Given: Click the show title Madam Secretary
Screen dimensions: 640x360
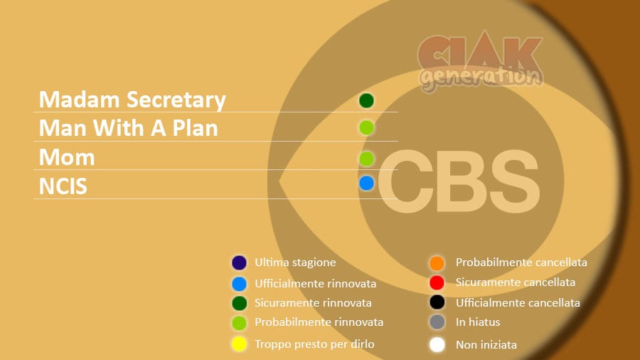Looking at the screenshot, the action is pos(132,100).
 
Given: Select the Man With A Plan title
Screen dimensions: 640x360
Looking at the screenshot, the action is pos(128,128).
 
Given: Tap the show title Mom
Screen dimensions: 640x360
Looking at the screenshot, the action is pos(67,157).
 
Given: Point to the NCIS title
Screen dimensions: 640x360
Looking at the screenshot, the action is pos(63,186).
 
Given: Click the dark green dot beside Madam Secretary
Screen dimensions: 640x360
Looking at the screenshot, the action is pos(366,100).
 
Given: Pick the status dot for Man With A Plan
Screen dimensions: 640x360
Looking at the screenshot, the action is pos(366,128).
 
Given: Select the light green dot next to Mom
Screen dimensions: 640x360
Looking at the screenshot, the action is pos(366,159).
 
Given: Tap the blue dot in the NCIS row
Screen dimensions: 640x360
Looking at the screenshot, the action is pos(366,184).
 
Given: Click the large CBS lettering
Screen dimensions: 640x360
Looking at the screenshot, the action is pos(459,181).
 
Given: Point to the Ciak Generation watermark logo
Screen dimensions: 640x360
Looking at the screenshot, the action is pos(481,61).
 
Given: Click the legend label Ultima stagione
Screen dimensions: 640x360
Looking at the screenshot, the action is pos(295,263).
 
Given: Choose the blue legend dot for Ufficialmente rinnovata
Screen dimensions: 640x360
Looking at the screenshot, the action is pos(239,284).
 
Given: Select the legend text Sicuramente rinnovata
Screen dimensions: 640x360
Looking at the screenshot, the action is pos(313,303).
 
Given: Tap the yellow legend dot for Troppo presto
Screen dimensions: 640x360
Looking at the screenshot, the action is pos(239,344).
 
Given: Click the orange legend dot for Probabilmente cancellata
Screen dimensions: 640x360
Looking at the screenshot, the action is pos(437,263).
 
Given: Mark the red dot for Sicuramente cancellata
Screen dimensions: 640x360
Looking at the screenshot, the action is pos(437,282).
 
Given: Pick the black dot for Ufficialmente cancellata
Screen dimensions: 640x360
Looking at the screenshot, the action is pos(437,302).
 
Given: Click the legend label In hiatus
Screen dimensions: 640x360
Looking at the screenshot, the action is pos(478,322).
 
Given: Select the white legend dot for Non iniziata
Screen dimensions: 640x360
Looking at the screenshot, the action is pos(437,344).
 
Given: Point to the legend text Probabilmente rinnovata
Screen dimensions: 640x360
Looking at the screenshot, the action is pos(319,322).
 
